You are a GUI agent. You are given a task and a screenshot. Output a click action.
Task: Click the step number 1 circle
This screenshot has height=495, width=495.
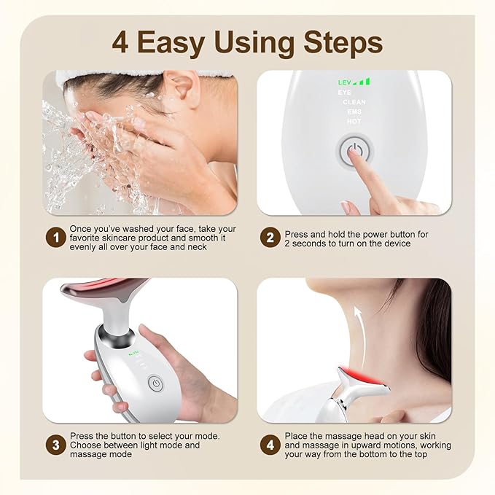coord(54,238)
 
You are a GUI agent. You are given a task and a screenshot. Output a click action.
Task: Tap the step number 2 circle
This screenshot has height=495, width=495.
coord(270,238)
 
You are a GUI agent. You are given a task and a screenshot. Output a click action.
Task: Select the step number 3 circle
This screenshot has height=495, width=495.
coord(54,445)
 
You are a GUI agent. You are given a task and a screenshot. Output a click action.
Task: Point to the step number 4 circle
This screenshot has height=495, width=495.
coord(270,445)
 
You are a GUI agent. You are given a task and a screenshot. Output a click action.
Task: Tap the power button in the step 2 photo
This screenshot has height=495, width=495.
coord(355,152)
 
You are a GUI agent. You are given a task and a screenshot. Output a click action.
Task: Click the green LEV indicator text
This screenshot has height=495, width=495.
coord(344,83)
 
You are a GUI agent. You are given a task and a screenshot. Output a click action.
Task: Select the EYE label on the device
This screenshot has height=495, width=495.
coord(343,93)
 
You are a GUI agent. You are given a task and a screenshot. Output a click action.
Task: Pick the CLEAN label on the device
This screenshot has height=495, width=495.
coord(354,103)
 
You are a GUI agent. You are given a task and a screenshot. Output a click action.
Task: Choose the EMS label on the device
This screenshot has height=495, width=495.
coord(354,112)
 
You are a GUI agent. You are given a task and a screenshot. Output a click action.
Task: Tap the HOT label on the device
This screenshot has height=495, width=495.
coord(354,122)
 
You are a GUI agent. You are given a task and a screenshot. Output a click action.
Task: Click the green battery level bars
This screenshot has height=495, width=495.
coord(362,82)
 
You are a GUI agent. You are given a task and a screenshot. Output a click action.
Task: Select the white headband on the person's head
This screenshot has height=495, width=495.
coord(146,75)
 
